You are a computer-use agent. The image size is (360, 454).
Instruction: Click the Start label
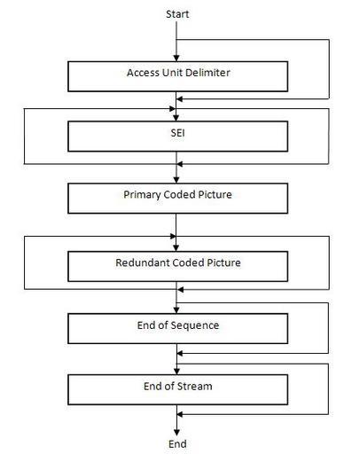pyautogui.click(x=177, y=14)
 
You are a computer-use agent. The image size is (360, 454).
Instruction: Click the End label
pyautogui.click(x=177, y=443)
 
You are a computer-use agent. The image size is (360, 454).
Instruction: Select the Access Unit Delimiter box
pyautogui.click(x=177, y=76)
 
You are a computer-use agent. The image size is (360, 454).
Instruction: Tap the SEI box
pyautogui.click(x=177, y=137)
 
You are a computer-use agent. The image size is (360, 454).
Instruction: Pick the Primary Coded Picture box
pyautogui.click(x=177, y=199)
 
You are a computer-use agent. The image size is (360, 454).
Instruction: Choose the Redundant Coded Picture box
pyautogui.click(x=177, y=266)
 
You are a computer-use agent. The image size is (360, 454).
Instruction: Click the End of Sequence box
pyautogui.click(x=177, y=328)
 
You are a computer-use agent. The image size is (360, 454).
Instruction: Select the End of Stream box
pyautogui.click(x=177, y=389)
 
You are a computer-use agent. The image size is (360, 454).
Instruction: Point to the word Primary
pyautogui.click(x=142, y=195)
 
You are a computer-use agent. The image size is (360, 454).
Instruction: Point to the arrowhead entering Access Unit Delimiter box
pyautogui.click(x=176, y=59)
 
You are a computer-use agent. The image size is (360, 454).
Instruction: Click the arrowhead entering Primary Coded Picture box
pyautogui.click(x=176, y=180)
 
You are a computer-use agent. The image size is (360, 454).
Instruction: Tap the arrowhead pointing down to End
pyautogui.click(x=176, y=433)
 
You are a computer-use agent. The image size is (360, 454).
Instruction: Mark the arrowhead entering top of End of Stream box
pyautogui.click(x=176, y=372)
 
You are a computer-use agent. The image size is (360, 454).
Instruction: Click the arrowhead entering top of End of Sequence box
pyautogui.click(x=176, y=310)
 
